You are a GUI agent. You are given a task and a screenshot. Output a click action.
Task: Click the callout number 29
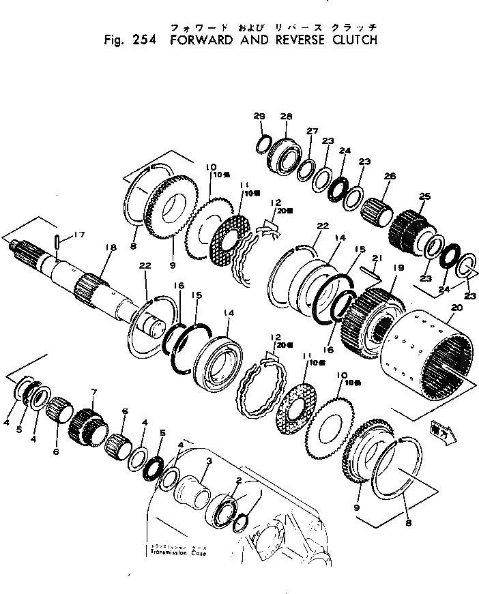[259, 117]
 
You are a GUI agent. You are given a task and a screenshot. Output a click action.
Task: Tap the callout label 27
[312, 132]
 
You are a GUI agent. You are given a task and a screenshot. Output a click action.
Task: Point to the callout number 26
[390, 176]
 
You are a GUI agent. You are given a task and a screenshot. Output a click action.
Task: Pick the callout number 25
[424, 197]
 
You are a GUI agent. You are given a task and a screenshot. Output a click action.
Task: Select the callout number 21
[375, 258]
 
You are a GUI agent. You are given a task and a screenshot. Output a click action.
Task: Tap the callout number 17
[79, 235]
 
